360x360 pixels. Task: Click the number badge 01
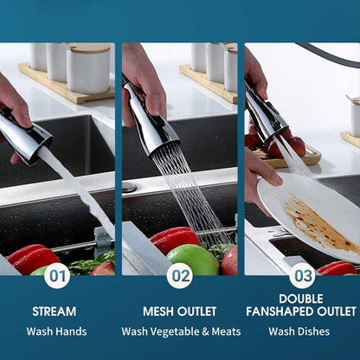[x=57, y=276]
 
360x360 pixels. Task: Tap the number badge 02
[x=180, y=276]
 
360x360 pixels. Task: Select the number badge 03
[x=303, y=276]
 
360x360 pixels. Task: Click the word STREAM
[x=55, y=312]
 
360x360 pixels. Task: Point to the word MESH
[x=158, y=312]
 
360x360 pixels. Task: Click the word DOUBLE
[x=301, y=299]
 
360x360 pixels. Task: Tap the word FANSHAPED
[x=280, y=312]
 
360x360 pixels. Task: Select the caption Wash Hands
[x=56, y=331]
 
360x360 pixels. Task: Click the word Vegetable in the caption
[x=174, y=331]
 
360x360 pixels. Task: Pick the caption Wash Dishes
[x=299, y=331]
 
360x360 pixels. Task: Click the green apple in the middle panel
[x=193, y=260]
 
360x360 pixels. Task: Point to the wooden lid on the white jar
[x=88, y=48]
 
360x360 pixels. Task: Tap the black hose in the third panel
[x=329, y=55]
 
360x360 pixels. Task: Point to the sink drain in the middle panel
[x=129, y=187]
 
